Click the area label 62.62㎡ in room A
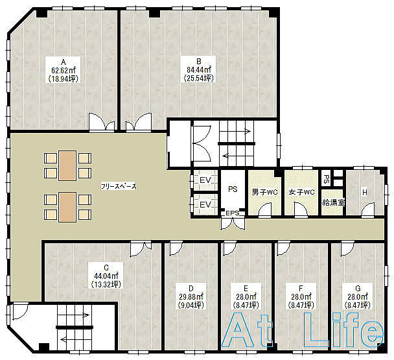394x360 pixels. click(x=64, y=70)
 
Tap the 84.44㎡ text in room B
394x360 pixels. click(x=198, y=69)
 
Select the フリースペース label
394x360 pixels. click(x=119, y=186)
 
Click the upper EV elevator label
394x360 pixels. click(x=205, y=180)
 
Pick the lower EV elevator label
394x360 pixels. click(x=205, y=204)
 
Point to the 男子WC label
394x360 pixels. click(x=264, y=193)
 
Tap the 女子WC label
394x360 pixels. click(x=301, y=193)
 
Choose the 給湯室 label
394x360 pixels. click(x=334, y=202)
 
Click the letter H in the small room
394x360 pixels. click(x=365, y=193)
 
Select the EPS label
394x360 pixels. click(x=233, y=213)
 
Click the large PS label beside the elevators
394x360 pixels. click(x=233, y=189)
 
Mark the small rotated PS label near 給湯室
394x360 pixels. click(x=326, y=179)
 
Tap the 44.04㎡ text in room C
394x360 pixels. click(x=106, y=276)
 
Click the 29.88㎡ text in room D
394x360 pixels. click(x=191, y=297)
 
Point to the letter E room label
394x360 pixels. click(x=246, y=288)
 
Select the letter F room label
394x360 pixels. click(x=301, y=288)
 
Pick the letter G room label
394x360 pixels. click(x=358, y=288)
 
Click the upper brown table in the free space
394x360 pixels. click(x=67, y=165)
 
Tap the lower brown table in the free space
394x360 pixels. click(x=67, y=207)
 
